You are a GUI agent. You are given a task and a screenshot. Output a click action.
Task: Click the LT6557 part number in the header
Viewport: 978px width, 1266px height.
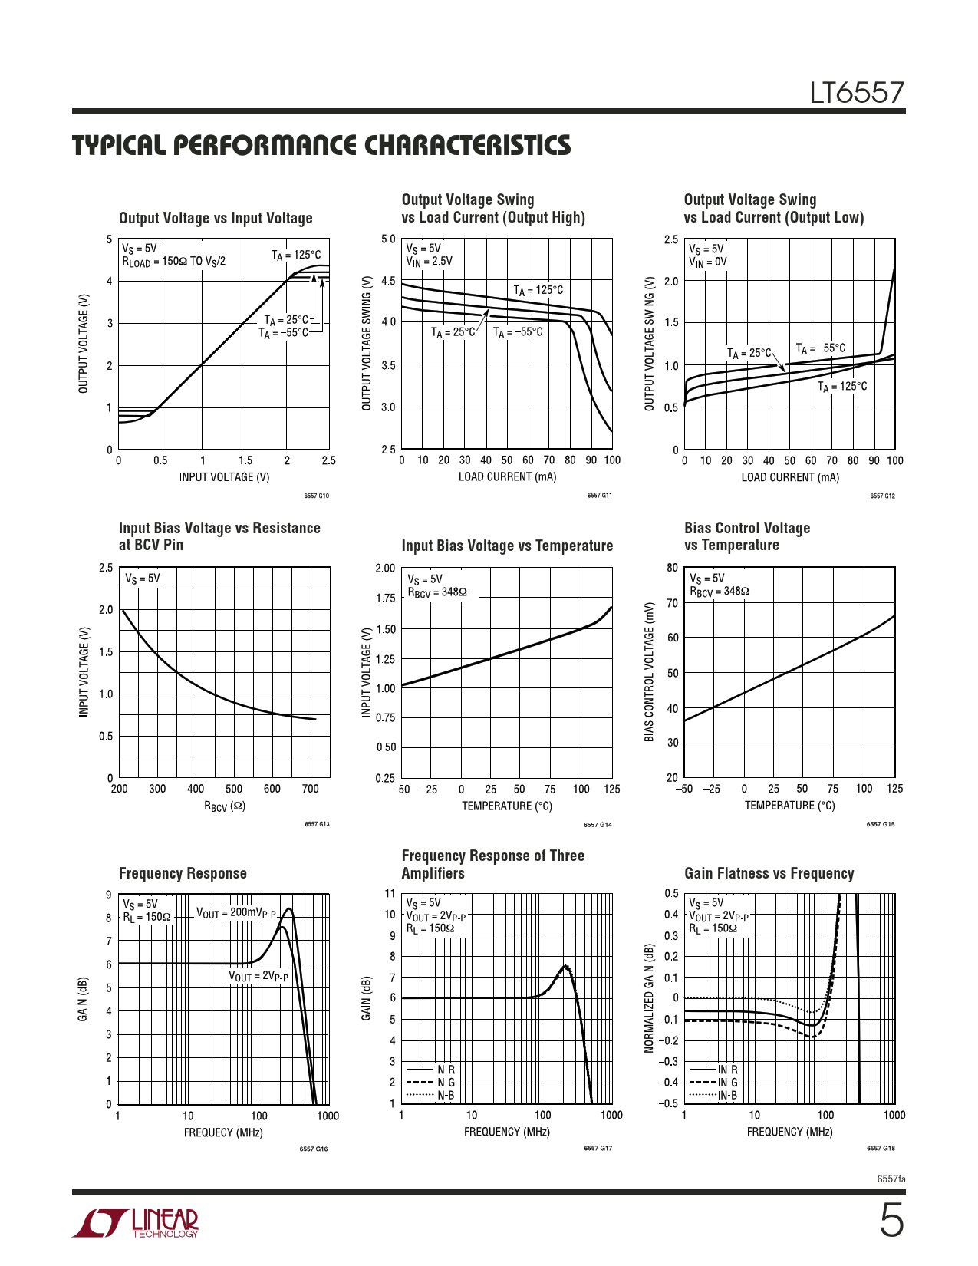[x=857, y=94]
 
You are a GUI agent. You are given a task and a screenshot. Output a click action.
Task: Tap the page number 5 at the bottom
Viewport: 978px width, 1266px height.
[x=891, y=1221]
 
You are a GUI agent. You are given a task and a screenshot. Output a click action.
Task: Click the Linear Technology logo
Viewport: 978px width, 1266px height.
[x=136, y=1223]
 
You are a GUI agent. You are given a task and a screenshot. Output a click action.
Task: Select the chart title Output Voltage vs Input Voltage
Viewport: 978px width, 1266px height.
[x=216, y=218]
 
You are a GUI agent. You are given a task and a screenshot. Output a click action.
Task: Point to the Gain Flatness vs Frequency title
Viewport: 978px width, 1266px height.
[x=769, y=873]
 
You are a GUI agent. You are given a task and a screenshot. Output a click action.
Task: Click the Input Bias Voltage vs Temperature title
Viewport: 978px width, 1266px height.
[x=507, y=546]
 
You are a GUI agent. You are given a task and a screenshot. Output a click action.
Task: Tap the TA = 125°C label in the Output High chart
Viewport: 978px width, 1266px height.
[x=538, y=290]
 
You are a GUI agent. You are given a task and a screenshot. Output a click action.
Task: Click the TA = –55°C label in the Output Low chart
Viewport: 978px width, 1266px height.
[x=820, y=348]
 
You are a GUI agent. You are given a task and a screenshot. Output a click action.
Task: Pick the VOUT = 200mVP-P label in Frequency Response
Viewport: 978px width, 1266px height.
[x=236, y=913]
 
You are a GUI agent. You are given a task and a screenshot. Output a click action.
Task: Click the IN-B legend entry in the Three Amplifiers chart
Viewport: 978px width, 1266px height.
[x=444, y=1095]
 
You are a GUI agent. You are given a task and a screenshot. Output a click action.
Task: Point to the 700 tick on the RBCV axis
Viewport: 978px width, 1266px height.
[x=310, y=789]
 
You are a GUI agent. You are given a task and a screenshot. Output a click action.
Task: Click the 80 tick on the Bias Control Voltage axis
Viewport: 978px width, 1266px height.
[x=672, y=568]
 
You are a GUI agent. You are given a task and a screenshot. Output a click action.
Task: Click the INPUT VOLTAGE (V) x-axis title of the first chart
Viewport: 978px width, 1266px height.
[x=224, y=477]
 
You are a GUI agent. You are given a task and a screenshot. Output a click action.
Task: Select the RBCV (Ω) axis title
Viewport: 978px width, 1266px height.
[x=224, y=806]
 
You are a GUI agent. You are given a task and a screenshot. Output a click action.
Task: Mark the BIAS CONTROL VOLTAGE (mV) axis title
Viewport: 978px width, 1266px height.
[x=649, y=672]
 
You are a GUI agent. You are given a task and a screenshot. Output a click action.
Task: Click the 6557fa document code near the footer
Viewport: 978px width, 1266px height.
[x=891, y=1179]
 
